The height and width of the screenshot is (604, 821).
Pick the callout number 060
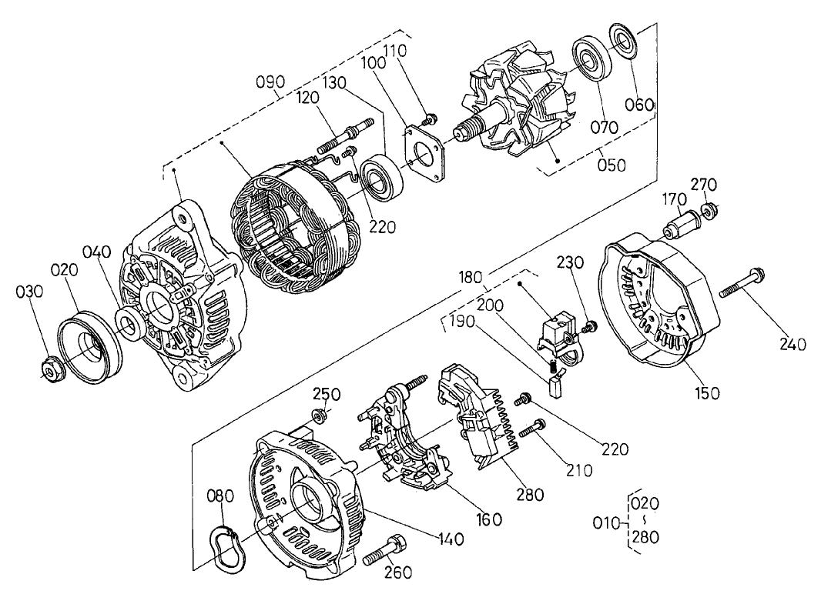click(640, 105)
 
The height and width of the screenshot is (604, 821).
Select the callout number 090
click(271, 82)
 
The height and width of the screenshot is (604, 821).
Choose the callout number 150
click(706, 393)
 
